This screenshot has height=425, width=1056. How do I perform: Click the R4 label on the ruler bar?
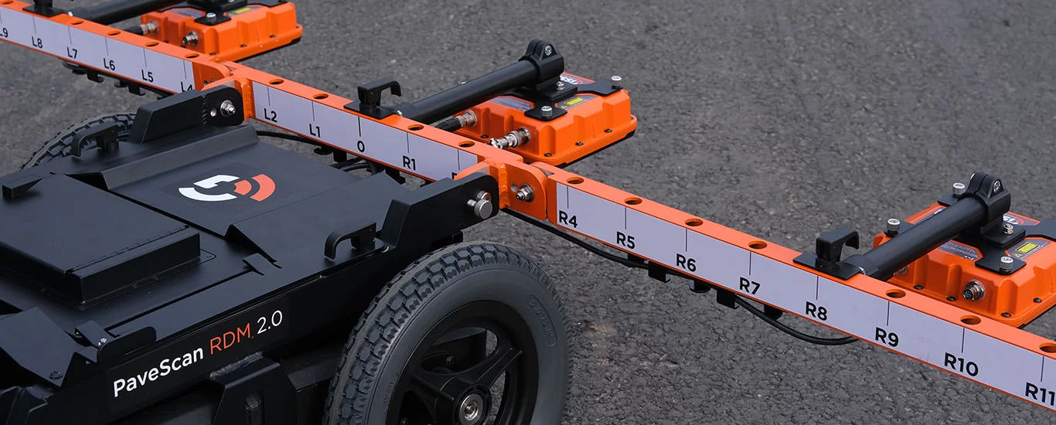coord(567,219)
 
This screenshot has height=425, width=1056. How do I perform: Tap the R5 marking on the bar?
coord(625,240)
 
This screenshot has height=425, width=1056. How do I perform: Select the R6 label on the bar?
coord(686,262)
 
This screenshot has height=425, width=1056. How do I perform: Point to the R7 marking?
coord(749,285)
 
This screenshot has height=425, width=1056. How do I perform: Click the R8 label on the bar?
coord(816,310)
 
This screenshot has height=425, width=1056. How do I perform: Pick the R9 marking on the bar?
coord(886,336)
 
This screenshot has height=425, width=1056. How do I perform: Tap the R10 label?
coord(961,363)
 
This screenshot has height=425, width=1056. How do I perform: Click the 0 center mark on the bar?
coord(361,146)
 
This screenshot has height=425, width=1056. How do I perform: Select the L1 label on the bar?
coord(315,131)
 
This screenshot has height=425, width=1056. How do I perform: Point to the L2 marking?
coord(270,115)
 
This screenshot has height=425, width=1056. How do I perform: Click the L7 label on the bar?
coord(72,53)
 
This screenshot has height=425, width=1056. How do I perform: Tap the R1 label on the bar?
coord(409,162)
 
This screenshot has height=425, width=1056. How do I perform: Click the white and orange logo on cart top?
coord(227,187)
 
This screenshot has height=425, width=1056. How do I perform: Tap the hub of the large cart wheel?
coord(471,406)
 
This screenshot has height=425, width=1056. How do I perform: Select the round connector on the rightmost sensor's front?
coord(973,291)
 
